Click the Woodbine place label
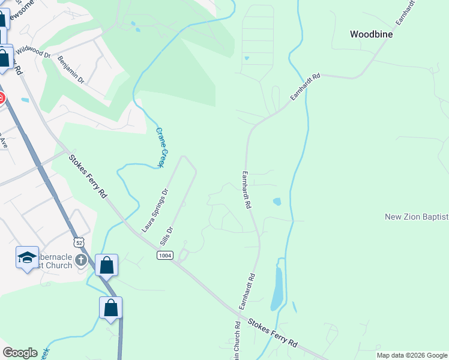(371, 35)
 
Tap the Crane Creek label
(160, 146)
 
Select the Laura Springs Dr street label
(155, 210)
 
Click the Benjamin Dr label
(71, 68)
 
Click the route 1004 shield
(165, 256)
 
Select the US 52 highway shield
(78, 242)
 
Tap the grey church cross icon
(82, 260)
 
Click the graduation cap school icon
(27, 258)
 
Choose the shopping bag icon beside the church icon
(106, 265)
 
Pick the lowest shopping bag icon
(110, 308)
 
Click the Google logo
(20, 353)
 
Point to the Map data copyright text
(412, 355)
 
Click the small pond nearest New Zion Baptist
(277, 202)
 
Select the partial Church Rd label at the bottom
(237, 341)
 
